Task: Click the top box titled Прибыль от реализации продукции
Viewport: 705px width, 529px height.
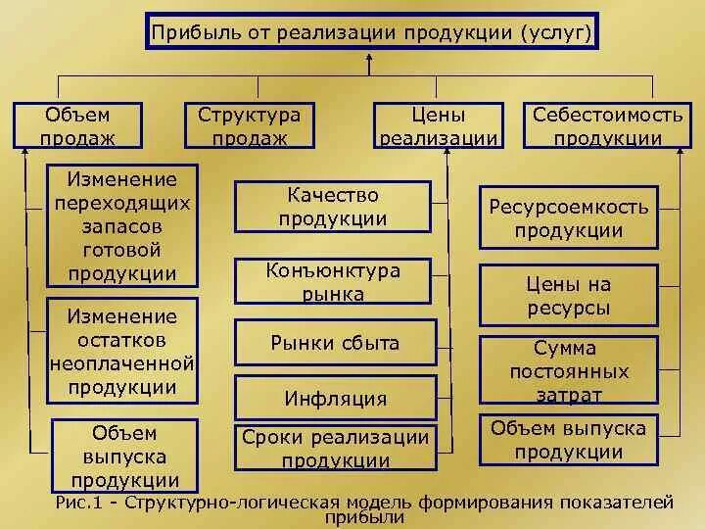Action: [371, 32]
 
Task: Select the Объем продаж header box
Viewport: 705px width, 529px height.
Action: [77, 125]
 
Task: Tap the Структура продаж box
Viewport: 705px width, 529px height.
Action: [249, 125]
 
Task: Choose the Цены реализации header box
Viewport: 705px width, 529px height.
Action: [439, 125]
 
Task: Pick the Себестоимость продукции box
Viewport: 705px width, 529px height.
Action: [607, 125]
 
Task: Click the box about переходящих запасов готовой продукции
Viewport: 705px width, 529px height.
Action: [122, 226]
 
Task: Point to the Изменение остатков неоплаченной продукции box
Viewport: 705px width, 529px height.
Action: [122, 352]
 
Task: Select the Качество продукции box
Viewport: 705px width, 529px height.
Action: [332, 207]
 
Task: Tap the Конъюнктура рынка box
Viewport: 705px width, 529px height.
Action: [332, 281]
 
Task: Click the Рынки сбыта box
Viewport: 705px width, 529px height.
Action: [332, 343]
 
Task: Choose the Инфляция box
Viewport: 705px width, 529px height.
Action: [332, 399]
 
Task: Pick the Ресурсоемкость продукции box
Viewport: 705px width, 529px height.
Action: [568, 218]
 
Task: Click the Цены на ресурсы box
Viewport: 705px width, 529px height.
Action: [568, 296]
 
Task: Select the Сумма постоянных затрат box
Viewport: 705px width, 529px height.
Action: [568, 371]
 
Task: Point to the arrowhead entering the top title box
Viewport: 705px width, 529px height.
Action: [370, 57]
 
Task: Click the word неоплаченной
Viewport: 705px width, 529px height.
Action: [122, 363]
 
